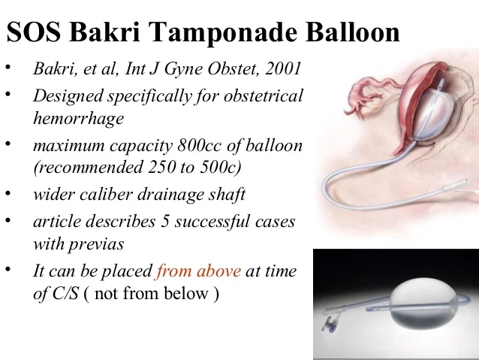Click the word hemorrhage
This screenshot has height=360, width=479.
pos(78,119)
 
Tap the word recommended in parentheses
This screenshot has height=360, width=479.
pos(86,167)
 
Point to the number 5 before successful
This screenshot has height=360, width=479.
pos(163,222)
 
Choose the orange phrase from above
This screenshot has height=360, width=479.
pos(198,271)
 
